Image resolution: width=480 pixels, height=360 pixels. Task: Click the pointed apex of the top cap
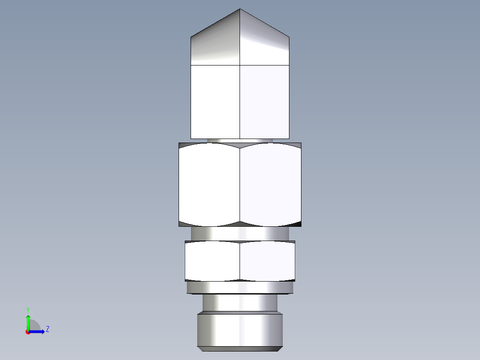(x=240, y=9)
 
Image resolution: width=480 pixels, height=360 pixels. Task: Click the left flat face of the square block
(x=215, y=102)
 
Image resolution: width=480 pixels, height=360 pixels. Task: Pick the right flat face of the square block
(x=264, y=102)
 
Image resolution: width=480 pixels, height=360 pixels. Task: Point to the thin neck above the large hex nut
(x=240, y=140)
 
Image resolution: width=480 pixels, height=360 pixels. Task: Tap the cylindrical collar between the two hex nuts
(x=240, y=233)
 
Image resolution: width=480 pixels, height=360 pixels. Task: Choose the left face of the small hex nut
(x=212, y=262)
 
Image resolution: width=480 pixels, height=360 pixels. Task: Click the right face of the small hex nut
(x=267, y=262)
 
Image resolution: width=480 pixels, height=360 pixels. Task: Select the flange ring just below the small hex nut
(x=240, y=288)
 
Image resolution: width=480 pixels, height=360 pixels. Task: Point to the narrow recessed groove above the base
(x=240, y=303)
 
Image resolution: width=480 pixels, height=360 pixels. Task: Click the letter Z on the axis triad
(x=47, y=329)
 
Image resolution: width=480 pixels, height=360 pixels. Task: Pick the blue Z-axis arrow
(x=38, y=331)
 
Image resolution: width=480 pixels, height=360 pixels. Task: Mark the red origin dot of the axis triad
(x=28, y=332)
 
